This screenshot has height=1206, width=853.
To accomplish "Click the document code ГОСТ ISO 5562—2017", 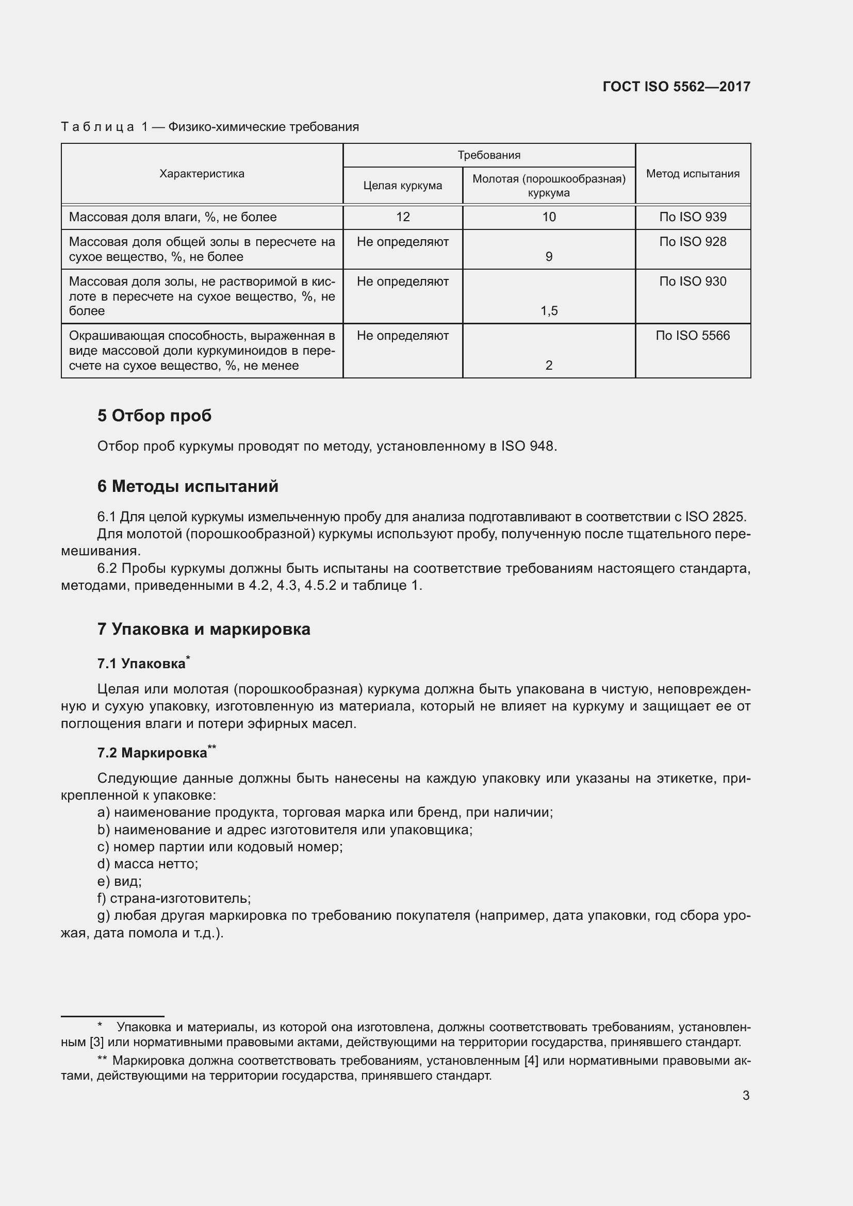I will (x=676, y=87).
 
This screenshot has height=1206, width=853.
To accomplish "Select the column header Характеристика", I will (x=202, y=174).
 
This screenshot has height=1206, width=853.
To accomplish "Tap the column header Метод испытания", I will (x=692, y=174).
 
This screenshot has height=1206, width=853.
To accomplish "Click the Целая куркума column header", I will (x=402, y=186).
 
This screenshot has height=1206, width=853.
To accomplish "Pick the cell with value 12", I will (x=402, y=217).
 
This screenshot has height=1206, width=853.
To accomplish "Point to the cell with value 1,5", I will (x=549, y=311).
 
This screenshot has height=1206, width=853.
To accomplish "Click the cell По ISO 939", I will (x=692, y=217).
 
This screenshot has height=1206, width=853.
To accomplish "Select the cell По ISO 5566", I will (x=692, y=336).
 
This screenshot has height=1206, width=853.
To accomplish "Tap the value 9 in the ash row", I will (x=549, y=257).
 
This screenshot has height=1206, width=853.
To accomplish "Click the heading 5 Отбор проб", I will (x=154, y=416).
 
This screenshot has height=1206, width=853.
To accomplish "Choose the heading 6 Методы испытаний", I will (x=188, y=486).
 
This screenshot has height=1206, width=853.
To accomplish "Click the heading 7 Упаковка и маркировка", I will (x=203, y=629).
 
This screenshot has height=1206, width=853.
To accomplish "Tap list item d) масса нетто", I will (x=147, y=864).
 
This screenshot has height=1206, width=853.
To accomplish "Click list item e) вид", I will (x=119, y=881).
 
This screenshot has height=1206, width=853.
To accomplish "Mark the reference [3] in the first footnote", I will (x=96, y=1042).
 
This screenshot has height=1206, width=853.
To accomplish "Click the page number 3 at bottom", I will (x=745, y=1096).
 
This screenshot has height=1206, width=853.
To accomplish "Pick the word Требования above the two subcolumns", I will (x=488, y=156).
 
